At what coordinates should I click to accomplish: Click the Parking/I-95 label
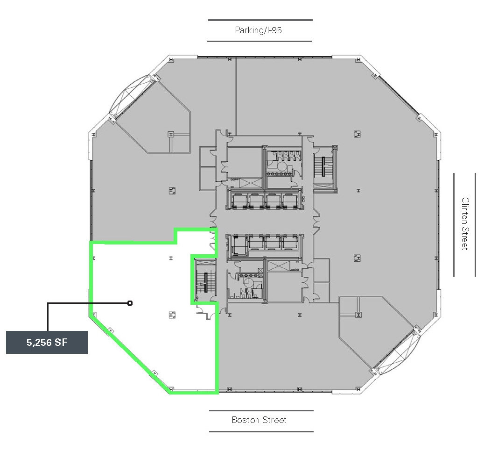click(259, 30)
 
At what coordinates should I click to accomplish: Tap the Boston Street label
click(259, 420)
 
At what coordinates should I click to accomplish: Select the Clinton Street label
click(465, 223)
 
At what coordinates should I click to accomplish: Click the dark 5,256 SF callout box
click(47, 342)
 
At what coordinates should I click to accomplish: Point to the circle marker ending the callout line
click(130, 303)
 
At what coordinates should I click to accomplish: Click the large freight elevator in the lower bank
click(238, 245)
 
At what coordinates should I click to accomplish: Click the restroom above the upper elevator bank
click(282, 167)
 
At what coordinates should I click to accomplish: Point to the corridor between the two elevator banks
click(264, 222)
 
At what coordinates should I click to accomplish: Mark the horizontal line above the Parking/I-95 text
click(260, 20)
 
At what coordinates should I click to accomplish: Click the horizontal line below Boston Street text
click(261, 431)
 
